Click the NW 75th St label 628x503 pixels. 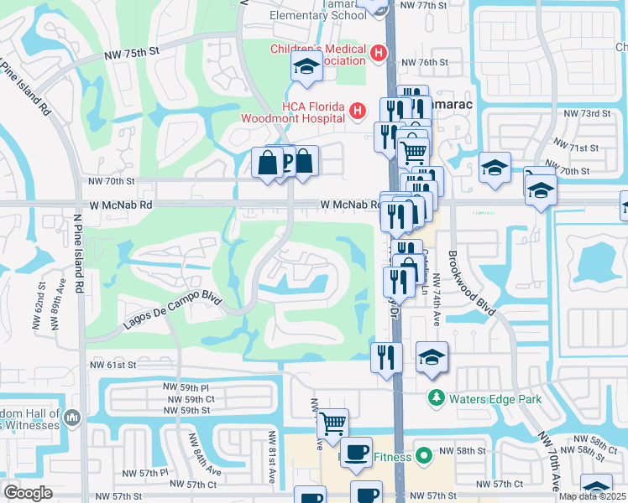coord(132,53)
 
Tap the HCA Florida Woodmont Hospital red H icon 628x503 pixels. coord(358,110)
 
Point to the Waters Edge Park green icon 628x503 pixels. coord(436,397)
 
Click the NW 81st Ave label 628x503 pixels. coord(272,458)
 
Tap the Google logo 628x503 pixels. coord(28,493)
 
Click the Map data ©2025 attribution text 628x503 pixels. coord(593,495)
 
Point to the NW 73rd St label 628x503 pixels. coord(585,113)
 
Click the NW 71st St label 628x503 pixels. coord(581,148)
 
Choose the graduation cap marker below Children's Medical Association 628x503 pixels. coord(307,67)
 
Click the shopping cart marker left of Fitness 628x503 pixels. coord(332,425)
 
